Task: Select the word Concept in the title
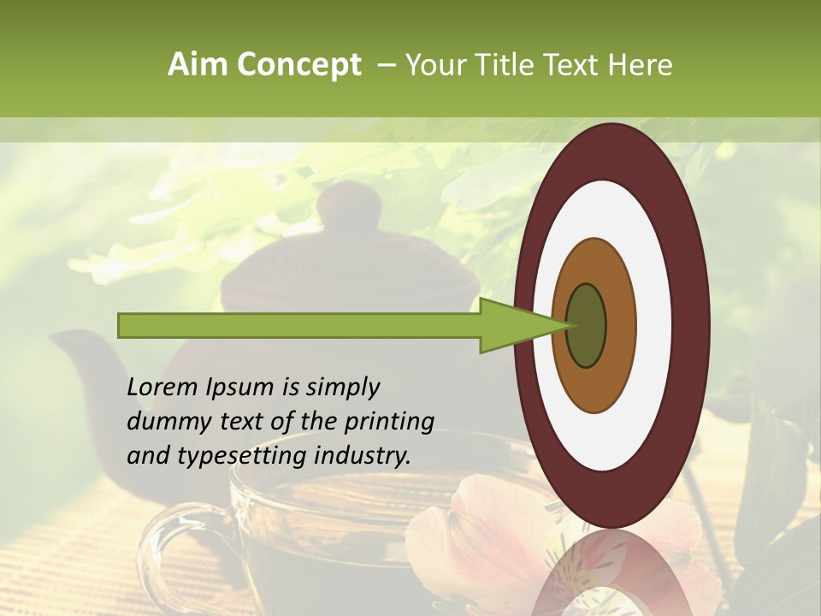click(x=298, y=65)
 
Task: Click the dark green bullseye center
click(x=587, y=325)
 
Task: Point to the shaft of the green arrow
click(x=299, y=325)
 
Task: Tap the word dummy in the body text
click(x=164, y=422)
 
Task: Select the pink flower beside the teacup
click(x=479, y=530)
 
